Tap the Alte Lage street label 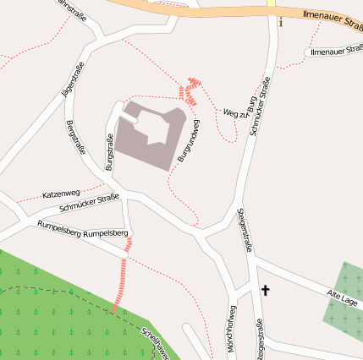click(344, 299)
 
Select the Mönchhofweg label click(232, 330)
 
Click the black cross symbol click(265, 291)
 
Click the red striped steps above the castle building click(191, 90)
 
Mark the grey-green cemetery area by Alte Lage click(345, 292)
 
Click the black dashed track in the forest click(51, 292)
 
